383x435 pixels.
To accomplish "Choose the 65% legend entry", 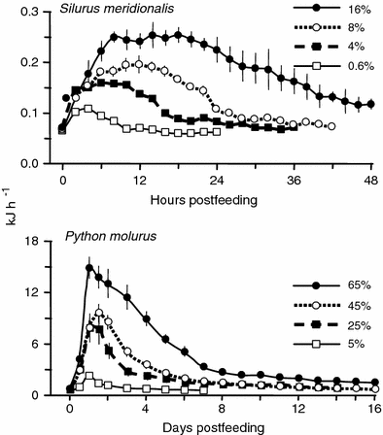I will [361, 289].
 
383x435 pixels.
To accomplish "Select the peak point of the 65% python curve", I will [89, 267].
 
